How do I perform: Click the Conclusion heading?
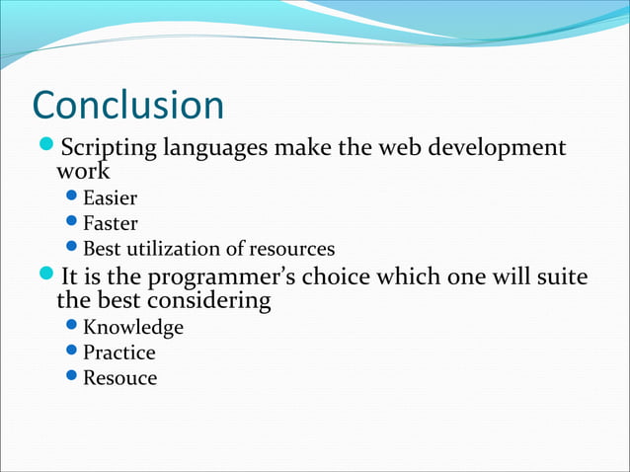pos(128,106)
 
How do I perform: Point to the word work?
pos(83,171)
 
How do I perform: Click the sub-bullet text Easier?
pos(110,198)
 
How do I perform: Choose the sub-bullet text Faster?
pos(110,223)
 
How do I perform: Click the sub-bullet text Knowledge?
pos(133,327)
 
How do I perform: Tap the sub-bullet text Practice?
pos(119,353)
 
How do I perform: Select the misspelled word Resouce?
pos(119,377)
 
